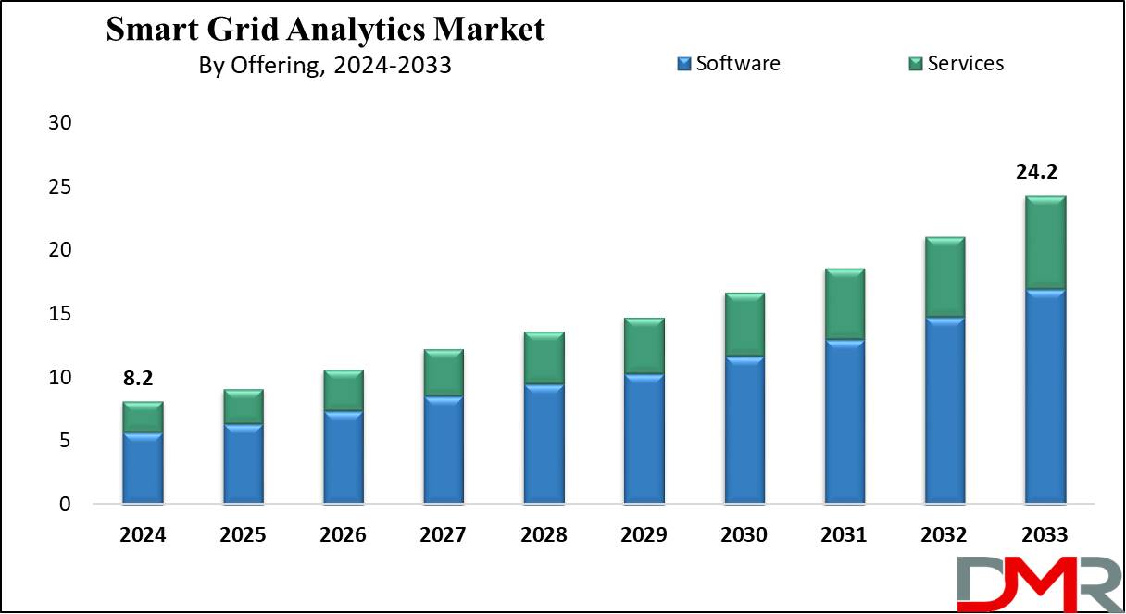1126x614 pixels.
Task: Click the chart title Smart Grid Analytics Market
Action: click(325, 30)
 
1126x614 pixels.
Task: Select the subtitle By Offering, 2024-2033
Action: click(325, 66)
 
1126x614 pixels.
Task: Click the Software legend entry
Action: click(729, 64)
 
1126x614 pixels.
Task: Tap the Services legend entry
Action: click(956, 64)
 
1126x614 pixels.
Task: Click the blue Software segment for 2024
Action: click(143, 469)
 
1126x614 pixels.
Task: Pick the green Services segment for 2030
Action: click(744, 325)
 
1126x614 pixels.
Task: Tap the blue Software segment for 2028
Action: click(544, 445)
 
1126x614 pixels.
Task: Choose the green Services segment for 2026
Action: click(344, 391)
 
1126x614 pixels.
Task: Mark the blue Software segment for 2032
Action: click(945, 411)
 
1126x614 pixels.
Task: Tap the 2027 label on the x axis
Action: click(444, 535)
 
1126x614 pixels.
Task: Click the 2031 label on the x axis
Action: click(844, 535)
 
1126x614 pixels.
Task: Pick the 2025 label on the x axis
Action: click(243, 535)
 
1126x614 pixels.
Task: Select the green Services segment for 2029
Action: click(644, 346)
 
